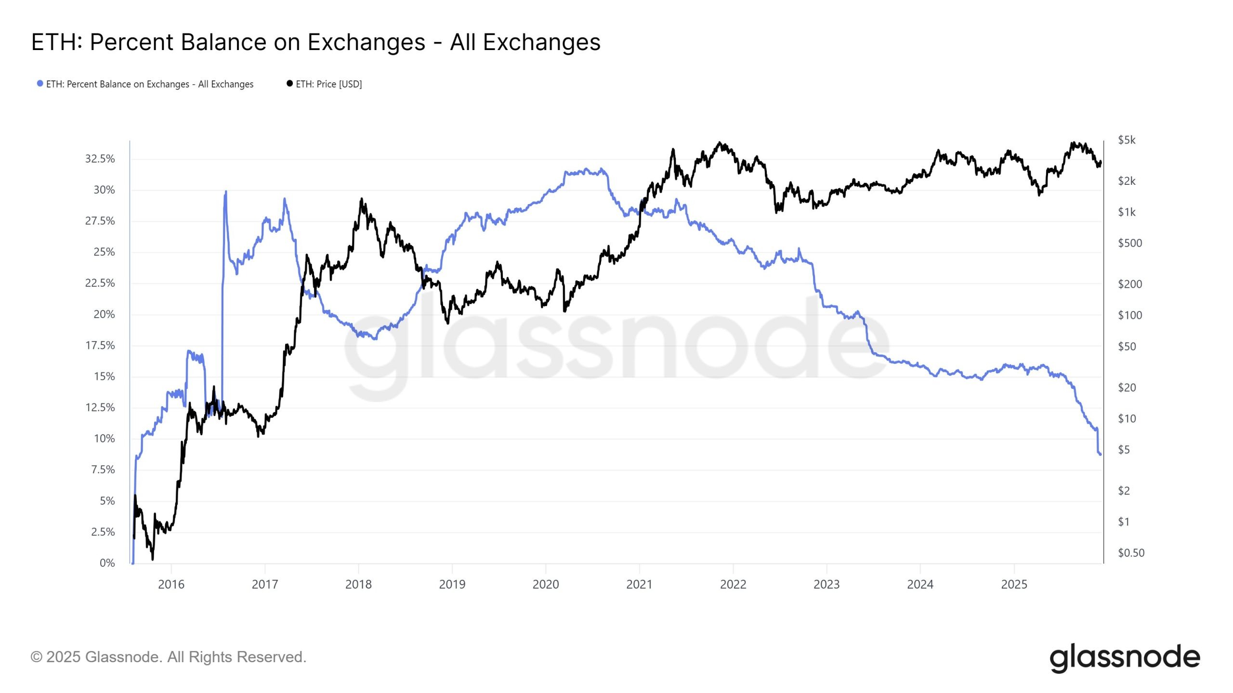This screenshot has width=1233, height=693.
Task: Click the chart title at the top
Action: point(315,42)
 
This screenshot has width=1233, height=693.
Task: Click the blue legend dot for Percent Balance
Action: point(40,84)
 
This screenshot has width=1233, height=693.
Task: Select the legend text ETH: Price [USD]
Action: point(328,84)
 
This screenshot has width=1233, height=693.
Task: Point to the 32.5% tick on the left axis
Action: point(100,159)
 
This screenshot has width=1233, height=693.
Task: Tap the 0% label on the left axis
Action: point(107,563)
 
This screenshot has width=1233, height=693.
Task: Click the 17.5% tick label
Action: point(100,345)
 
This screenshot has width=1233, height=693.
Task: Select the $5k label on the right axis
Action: point(1127,140)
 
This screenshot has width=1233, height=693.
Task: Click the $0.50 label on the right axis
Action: point(1130,552)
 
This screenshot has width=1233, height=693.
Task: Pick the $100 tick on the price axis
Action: point(1129,315)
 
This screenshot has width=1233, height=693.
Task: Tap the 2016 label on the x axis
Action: point(171,584)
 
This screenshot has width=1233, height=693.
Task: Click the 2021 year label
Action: point(639,584)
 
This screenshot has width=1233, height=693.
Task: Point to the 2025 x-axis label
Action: point(1014,584)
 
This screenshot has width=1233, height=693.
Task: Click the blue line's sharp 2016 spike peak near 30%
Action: point(226,192)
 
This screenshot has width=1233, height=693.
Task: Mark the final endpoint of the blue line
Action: point(1100,454)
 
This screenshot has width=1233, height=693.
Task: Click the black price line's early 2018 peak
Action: point(361,199)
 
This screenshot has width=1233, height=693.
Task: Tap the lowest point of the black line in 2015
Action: point(153,559)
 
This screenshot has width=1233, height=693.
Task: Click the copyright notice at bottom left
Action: point(168,657)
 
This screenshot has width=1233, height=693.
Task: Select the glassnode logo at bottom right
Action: point(1125,657)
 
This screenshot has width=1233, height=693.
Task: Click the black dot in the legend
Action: point(289,84)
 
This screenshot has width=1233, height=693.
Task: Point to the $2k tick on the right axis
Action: point(1127,181)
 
